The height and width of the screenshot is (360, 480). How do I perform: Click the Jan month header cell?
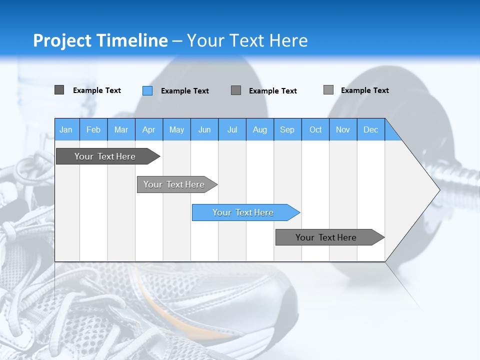click(x=66, y=129)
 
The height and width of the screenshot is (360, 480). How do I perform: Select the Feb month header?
click(x=93, y=129)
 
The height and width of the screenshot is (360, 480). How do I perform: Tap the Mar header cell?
click(x=121, y=129)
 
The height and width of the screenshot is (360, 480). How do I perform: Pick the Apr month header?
click(x=149, y=129)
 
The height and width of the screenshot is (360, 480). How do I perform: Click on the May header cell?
click(x=176, y=129)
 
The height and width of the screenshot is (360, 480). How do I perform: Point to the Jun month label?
click(x=204, y=129)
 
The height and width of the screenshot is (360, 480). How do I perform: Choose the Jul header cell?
click(x=232, y=129)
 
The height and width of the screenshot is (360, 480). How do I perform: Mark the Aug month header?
click(x=260, y=129)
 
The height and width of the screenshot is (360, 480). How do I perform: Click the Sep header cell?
click(x=287, y=129)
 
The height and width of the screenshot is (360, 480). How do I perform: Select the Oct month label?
click(x=315, y=129)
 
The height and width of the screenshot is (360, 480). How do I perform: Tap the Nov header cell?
click(x=343, y=129)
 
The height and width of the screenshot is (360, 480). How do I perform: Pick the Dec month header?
click(x=371, y=129)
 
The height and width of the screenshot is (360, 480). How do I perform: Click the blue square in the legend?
click(x=147, y=90)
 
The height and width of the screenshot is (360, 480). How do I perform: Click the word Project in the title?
click(x=63, y=40)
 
